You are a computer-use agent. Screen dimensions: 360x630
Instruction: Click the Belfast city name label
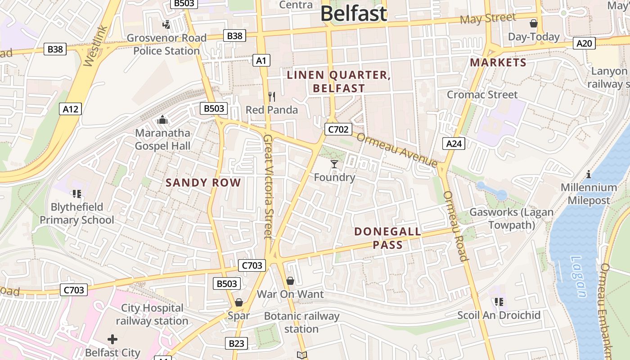pos(354,14)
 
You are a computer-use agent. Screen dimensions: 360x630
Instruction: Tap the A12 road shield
pos(70,108)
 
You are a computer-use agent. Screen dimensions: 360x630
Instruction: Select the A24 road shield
pos(454,144)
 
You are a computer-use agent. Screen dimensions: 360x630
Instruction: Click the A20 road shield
pos(585,43)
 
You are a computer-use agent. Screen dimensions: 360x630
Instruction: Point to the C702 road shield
pos(338,130)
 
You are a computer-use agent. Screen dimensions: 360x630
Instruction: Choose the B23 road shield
pos(236,344)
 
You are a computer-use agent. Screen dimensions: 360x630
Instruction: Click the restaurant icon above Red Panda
pos(271,97)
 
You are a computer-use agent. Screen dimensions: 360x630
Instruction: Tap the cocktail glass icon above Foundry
pos(334,164)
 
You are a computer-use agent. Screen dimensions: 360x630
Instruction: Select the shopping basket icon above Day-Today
pos(534,23)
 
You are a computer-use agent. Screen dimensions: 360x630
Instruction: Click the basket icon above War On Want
pos(290,281)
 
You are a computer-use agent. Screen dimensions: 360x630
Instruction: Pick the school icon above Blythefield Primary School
pos(76,194)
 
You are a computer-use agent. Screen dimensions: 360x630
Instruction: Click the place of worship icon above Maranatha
pos(162,120)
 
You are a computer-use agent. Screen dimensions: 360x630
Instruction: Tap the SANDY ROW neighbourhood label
pos(203,183)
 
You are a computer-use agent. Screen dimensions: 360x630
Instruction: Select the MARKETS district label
pos(498,63)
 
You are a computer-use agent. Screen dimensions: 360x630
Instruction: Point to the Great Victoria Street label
pos(268,186)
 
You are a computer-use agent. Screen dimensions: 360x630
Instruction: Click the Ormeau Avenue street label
pos(397,150)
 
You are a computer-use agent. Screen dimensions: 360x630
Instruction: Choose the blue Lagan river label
pos(579,277)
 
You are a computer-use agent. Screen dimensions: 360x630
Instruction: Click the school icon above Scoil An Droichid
pos(499,302)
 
